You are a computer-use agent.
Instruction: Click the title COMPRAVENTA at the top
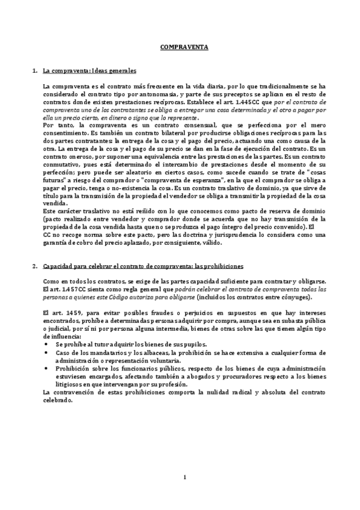click(x=180, y=46)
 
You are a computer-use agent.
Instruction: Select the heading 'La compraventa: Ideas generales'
click(x=90, y=71)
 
